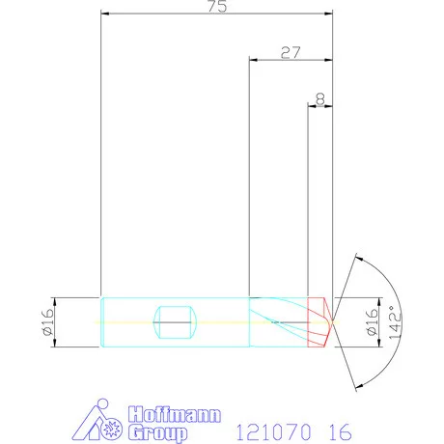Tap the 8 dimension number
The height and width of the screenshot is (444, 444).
point(319,98)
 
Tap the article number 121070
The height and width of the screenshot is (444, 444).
point(264,430)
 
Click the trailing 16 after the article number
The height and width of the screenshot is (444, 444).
point(339,430)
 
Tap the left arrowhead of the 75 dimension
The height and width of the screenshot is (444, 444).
point(105,14)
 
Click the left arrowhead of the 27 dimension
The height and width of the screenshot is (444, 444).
point(254,60)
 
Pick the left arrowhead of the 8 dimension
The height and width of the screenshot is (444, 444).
point(312,106)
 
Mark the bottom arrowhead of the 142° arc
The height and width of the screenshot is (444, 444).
point(358,385)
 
